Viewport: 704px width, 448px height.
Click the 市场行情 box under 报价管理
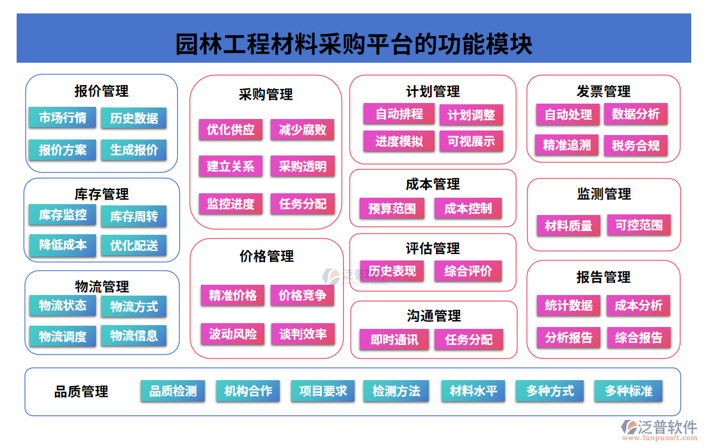[62, 118]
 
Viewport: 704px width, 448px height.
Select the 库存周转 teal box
[134, 216]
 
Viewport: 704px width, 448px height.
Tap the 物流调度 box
[62, 336]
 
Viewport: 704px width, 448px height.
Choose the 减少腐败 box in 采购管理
[303, 130]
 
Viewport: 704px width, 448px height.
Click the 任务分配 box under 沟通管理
[468, 340]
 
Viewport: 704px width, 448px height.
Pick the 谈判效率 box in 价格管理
[303, 333]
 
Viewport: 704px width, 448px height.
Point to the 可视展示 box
[471, 141]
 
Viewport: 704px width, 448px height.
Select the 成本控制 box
[468, 208]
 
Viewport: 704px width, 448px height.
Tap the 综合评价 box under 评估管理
[468, 271]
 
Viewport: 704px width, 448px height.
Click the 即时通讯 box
[394, 340]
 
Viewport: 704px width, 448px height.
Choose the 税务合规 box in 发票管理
[636, 145]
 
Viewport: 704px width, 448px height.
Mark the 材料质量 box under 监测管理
[568, 225]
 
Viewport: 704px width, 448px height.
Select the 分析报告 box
[568, 337]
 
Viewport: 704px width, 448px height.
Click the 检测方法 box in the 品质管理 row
[396, 391]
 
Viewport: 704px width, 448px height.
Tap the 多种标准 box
[628, 390]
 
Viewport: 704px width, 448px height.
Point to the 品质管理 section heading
[81, 392]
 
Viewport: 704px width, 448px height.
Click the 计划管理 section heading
[433, 92]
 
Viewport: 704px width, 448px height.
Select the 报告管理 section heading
[604, 277]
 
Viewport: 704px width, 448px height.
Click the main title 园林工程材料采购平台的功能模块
[353, 45]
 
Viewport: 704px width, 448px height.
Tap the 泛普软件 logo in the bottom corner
[659, 429]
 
